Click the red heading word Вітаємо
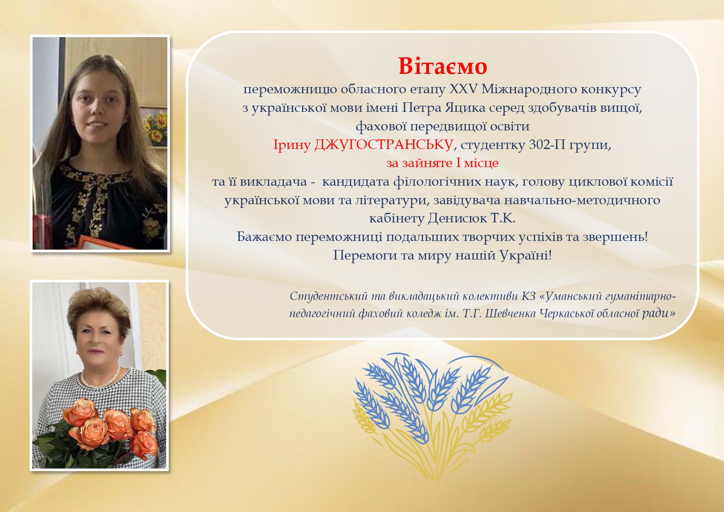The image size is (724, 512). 443,66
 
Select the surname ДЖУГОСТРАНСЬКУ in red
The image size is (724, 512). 384,145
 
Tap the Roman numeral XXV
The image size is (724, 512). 463,89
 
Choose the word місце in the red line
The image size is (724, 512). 481,163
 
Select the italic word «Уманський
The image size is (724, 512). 570,296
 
